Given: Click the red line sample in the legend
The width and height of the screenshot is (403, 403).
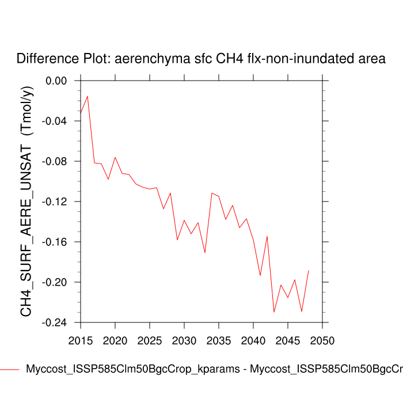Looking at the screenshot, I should point(10,370).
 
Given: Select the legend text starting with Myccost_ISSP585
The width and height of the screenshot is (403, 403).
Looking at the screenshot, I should point(213,370).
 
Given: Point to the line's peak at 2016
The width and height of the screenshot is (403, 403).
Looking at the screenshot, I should point(88,96).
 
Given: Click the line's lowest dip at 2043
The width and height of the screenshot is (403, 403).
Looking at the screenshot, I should point(274,312).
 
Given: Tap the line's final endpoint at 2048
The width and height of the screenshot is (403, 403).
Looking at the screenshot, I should point(309,270).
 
